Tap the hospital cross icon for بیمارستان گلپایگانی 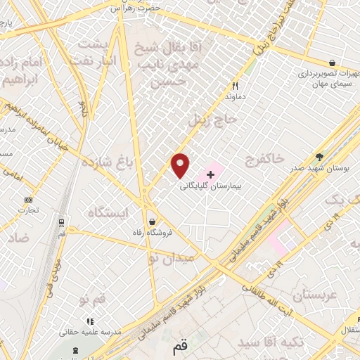click(210, 174)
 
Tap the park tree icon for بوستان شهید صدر click(320, 156)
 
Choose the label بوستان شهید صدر click(321, 169)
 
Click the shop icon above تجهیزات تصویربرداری click(331, 63)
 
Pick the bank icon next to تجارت click(28, 200)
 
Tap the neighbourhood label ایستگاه click(109, 212)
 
